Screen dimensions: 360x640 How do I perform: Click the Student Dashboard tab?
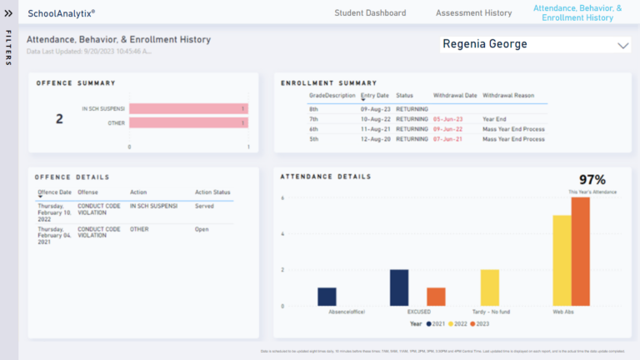[370, 13]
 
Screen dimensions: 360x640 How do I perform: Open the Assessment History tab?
[473, 13]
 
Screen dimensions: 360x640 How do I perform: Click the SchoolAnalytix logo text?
[61, 13]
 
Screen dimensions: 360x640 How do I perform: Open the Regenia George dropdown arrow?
[622, 46]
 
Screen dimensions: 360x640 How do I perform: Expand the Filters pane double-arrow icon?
[8, 13]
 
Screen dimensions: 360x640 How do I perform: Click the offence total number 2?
[59, 119]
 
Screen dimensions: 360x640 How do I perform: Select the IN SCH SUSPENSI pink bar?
[188, 108]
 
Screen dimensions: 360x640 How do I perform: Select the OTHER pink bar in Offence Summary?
[188, 123]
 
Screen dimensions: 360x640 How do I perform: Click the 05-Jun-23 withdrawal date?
[447, 119]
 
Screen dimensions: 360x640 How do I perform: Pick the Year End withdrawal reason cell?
[494, 119]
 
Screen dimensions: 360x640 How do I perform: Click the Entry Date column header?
[374, 95]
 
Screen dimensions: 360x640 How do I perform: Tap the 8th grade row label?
[314, 109]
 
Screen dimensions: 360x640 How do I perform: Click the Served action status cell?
[204, 206]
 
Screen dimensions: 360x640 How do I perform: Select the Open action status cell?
[202, 229]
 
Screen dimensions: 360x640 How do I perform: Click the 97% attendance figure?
[592, 180]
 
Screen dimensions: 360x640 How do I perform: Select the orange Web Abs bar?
[580, 252]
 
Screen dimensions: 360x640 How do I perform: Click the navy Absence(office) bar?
[327, 297]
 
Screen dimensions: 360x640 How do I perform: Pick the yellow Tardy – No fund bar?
[489, 287]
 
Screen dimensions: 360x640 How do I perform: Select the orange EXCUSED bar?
[436, 297]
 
